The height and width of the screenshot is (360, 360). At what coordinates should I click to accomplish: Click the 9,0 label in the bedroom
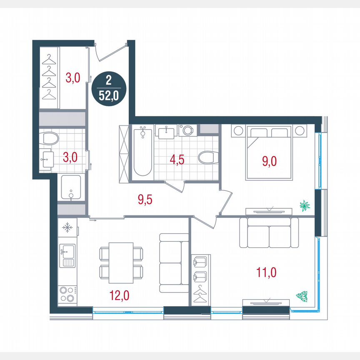click(270, 161)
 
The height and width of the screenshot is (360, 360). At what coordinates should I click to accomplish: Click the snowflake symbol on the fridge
click(67, 227)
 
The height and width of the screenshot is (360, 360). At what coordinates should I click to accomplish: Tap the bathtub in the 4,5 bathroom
click(142, 153)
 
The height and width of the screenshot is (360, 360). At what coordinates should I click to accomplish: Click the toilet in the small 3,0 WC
click(50, 138)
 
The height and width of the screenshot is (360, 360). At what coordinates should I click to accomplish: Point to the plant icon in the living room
click(301, 296)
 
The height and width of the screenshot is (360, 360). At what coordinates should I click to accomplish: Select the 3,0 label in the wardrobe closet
click(73, 78)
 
